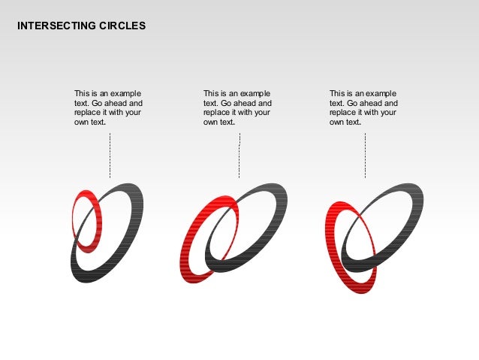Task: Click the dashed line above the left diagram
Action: point(110,155)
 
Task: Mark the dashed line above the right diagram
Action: point(365,155)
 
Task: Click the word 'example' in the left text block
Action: point(125,94)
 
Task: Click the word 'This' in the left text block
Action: point(82,94)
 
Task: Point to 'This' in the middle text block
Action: point(211,94)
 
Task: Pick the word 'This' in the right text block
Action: point(337,94)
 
